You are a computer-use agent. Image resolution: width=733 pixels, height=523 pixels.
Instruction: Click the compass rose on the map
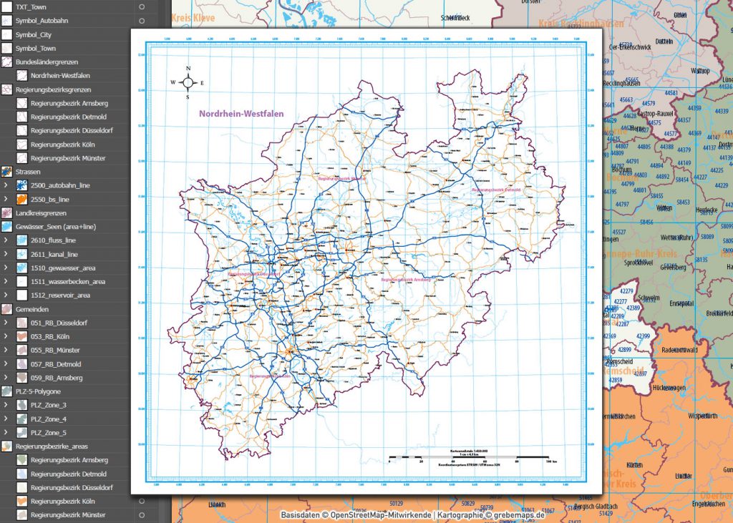(x=188, y=82)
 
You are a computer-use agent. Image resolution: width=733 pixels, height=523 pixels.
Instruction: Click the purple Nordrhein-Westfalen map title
(x=241, y=114)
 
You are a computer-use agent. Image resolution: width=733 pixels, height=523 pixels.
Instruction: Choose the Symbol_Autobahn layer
(x=43, y=21)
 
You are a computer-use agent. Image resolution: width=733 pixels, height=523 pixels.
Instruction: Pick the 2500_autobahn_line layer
(x=60, y=185)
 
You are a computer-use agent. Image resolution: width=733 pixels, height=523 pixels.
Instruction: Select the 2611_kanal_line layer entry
(x=54, y=254)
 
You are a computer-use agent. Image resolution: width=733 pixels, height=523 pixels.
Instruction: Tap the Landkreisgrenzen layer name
(x=41, y=213)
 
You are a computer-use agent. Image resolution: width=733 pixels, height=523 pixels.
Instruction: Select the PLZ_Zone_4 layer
(x=49, y=419)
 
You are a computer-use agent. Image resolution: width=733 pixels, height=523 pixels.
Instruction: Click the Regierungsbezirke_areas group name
(x=54, y=446)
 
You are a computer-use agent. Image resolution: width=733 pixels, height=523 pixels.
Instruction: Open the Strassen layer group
(x=28, y=172)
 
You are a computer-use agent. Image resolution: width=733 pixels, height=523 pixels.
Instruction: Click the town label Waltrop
(x=700, y=71)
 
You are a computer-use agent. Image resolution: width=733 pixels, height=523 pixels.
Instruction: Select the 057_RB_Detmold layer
(x=57, y=363)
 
